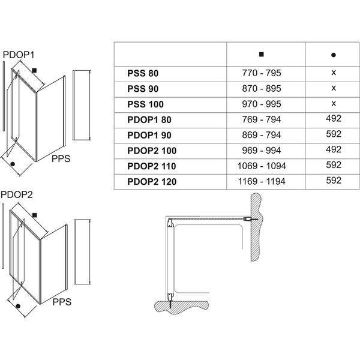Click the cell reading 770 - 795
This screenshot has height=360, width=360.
(261, 73)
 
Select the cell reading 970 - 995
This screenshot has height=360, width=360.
(261, 104)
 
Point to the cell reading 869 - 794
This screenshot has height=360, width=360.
(261, 134)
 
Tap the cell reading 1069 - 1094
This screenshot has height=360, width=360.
(261, 166)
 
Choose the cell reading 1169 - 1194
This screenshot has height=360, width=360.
(261, 181)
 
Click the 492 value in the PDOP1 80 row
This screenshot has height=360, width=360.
(333, 119)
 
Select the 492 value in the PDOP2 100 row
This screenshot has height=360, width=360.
(333, 150)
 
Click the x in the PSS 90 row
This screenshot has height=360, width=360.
(333, 88)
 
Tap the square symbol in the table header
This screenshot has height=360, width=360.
(261, 55)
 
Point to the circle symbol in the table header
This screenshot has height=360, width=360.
(333, 55)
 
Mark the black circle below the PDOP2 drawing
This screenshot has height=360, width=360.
(19, 307)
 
